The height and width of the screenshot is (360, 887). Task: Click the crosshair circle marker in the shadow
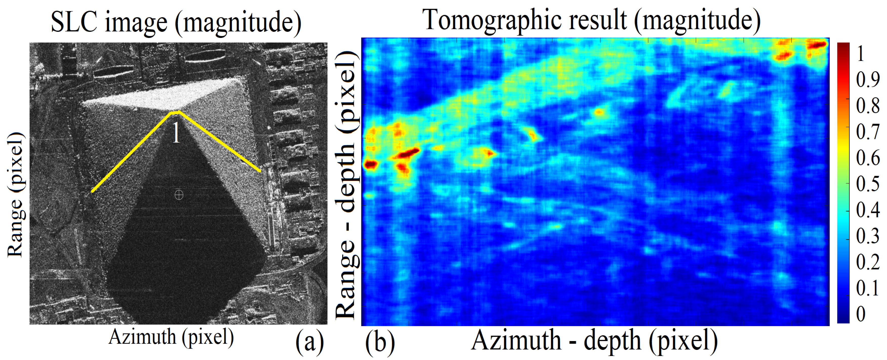(179, 195)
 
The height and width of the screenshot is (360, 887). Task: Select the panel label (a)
(310, 342)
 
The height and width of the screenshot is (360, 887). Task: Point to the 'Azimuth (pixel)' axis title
(171, 337)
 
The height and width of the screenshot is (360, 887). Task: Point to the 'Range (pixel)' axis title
(15, 195)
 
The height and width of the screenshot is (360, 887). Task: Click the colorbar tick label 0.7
(867, 132)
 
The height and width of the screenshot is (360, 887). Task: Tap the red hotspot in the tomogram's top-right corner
(817, 45)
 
